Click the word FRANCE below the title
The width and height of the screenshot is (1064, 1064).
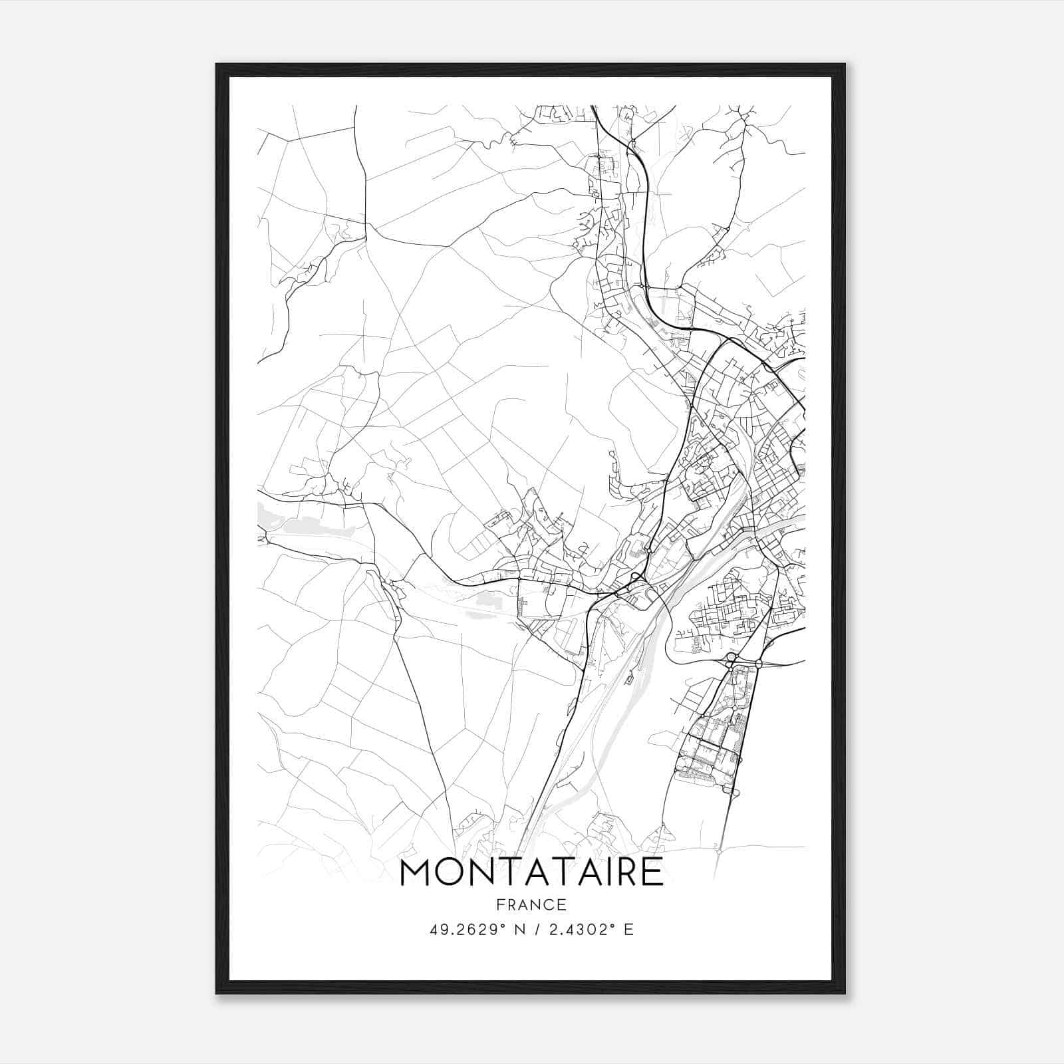tap(532, 905)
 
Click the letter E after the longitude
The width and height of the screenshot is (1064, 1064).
tap(629, 930)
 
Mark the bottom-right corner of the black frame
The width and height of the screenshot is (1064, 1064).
tap(845, 994)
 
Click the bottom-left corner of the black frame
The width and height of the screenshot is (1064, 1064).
tap(216, 994)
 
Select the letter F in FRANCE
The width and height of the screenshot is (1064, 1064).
tap(499, 905)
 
